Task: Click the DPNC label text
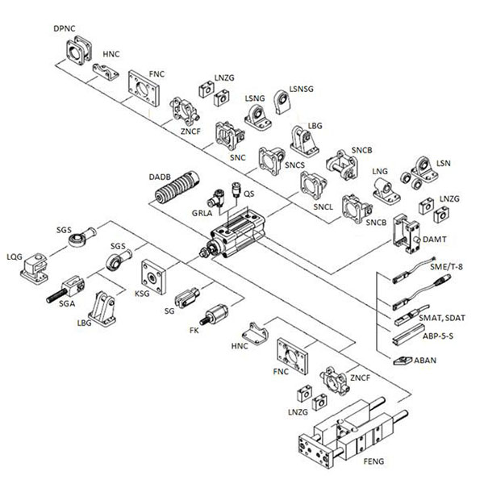pos(65,28)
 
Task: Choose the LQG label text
pos(14,257)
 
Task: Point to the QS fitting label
pos(249,194)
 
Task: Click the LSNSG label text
pos(302,86)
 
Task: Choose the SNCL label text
pos(323,207)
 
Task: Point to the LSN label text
pos(443,163)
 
